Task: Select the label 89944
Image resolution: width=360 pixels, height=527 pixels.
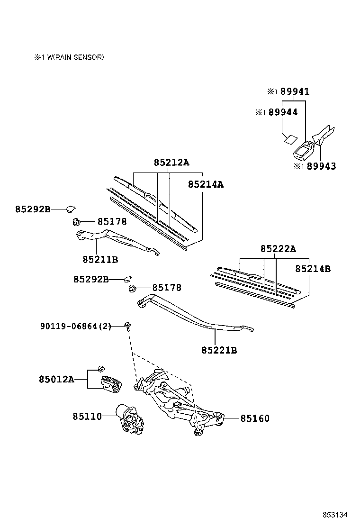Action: (282, 112)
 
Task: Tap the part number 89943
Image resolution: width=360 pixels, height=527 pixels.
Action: (321, 166)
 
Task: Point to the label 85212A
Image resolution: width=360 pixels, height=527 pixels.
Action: (171, 163)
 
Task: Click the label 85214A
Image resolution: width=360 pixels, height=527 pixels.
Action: (206, 184)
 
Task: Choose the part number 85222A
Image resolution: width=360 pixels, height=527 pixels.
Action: (278, 249)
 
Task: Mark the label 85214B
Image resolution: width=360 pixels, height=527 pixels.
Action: (313, 269)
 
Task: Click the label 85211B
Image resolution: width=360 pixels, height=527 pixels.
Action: (100, 260)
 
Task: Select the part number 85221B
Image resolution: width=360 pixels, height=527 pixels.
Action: (219, 351)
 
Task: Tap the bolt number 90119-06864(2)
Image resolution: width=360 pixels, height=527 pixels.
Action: (76, 326)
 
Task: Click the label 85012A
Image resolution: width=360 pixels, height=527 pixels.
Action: (56, 379)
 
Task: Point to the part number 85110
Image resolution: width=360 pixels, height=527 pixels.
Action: (87, 417)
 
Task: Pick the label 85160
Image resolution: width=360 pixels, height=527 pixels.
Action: (255, 418)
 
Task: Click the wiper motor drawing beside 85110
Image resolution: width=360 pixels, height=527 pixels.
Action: (130, 418)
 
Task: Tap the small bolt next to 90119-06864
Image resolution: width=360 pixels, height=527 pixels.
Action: (127, 325)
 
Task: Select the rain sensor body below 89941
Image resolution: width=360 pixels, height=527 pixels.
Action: (303, 151)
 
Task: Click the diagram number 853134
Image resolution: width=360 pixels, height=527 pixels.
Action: (335, 515)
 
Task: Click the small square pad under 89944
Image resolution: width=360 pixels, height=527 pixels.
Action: (289, 139)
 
